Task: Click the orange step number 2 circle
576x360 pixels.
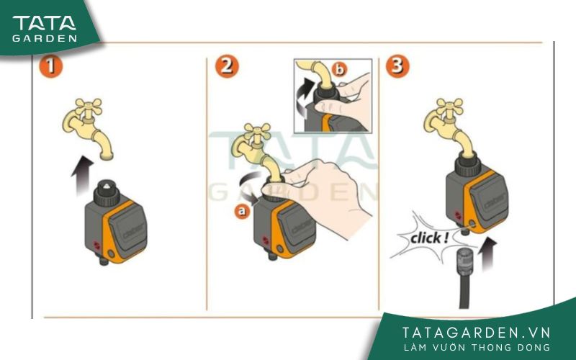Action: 227,67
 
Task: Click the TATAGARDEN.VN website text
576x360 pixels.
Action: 477,332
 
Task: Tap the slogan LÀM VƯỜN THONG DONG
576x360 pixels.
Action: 477,348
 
